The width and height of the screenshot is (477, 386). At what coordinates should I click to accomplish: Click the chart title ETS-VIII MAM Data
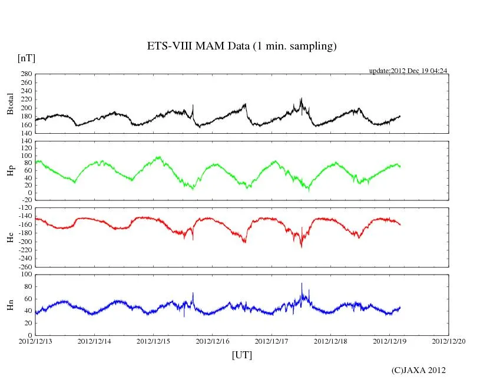pyautogui.click(x=241, y=47)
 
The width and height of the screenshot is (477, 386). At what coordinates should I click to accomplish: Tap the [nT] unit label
pyautogui.click(x=26, y=58)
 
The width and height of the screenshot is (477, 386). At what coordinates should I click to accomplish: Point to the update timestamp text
pyautogui.click(x=408, y=71)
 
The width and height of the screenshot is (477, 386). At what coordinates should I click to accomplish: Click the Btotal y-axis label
pyautogui.click(x=10, y=103)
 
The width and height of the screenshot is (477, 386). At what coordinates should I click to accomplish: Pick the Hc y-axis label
pyautogui.click(x=10, y=237)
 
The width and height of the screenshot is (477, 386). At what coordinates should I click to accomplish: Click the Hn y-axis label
pyautogui.click(x=10, y=305)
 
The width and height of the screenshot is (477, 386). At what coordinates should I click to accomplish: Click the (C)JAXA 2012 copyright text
pyautogui.click(x=418, y=370)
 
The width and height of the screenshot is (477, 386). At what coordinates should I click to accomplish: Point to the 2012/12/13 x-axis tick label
pyautogui.click(x=35, y=341)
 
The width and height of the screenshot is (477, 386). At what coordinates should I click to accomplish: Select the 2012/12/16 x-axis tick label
pyautogui.click(x=213, y=341)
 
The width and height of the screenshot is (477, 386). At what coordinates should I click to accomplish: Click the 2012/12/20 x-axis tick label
pyautogui.click(x=449, y=341)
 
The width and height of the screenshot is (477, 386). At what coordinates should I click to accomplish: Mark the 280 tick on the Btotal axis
pyautogui.click(x=26, y=74)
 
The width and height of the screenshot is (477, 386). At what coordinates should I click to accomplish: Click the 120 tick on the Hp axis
pyautogui.click(x=26, y=141)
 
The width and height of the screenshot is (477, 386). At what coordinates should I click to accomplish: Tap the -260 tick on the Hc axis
pyautogui.click(x=24, y=266)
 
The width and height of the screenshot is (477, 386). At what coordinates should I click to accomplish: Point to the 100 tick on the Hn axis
pyautogui.click(x=26, y=275)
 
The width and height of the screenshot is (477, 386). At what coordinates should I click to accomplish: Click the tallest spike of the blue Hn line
pyautogui.click(x=302, y=283)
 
